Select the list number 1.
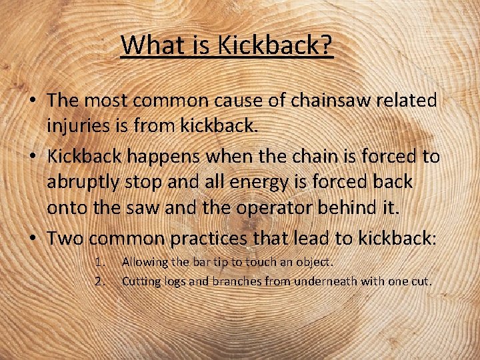click(100, 263)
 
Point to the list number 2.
click(100, 281)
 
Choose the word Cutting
click(141, 281)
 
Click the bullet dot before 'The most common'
click(31, 100)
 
